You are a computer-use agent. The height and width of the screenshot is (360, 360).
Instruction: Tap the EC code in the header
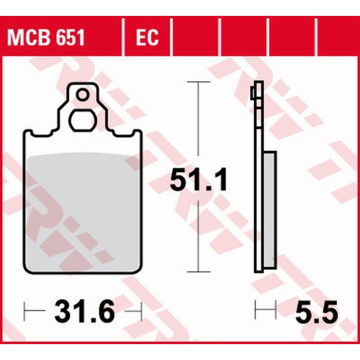click(146, 37)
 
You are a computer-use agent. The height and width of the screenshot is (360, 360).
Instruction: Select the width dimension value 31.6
click(85, 312)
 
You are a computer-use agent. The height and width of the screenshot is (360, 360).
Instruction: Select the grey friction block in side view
click(269, 209)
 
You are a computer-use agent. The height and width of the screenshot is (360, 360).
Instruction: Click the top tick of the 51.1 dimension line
click(199, 81)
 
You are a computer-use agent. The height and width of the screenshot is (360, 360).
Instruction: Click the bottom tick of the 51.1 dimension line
click(199, 272)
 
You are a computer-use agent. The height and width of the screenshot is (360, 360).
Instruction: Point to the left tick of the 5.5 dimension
click(256, 312)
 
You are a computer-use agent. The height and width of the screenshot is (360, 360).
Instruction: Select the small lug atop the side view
click(255, 93)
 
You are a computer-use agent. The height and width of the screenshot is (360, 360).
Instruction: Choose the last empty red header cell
click(338, 37)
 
